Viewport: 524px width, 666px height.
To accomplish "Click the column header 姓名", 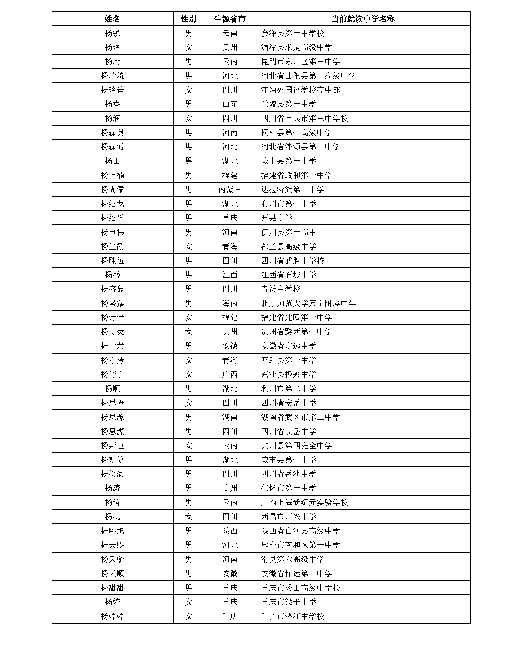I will click(112, 19).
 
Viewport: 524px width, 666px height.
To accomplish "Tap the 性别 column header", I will click(188, 19).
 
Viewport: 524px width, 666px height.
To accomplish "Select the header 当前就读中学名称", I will click(363, 19).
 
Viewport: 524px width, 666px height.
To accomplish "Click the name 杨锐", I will click(112, 33).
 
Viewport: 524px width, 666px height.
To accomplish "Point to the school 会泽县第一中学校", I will click(292, 33).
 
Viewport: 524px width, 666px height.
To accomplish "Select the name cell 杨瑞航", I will click(112, 76).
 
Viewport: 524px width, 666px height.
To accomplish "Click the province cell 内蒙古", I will click(230, 189).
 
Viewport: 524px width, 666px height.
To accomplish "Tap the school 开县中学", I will click(276, 218).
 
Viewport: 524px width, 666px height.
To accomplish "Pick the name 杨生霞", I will click(112, 246).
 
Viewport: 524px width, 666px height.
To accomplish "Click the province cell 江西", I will click(230, 275).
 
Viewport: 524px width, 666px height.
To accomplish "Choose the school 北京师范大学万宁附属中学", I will click(308, 303).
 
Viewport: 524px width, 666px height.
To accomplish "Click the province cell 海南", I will click(230, 303).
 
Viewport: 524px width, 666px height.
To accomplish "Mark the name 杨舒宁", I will click(112, 374).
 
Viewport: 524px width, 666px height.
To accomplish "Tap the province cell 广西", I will click(230, 374).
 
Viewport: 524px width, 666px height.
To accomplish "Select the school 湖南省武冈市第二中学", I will click(300, 417).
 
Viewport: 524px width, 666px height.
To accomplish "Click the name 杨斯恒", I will click(112, 446).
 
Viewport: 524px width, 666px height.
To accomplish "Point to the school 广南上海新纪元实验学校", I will click(304, 503).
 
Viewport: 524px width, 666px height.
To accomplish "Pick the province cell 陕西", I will click(230, 531).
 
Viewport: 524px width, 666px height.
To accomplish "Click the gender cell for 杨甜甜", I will click(188, 588).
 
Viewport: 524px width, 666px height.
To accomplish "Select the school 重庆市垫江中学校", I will click(292, 616).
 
